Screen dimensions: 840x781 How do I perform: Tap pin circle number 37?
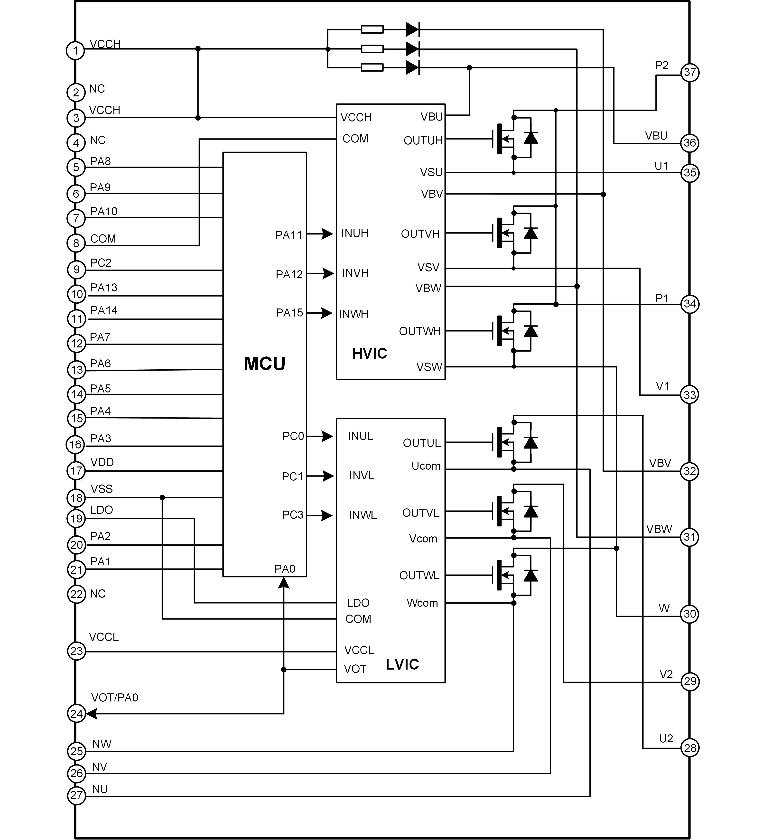tap(690, 73)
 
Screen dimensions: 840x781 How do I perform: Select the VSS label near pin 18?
tap(101, 489)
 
